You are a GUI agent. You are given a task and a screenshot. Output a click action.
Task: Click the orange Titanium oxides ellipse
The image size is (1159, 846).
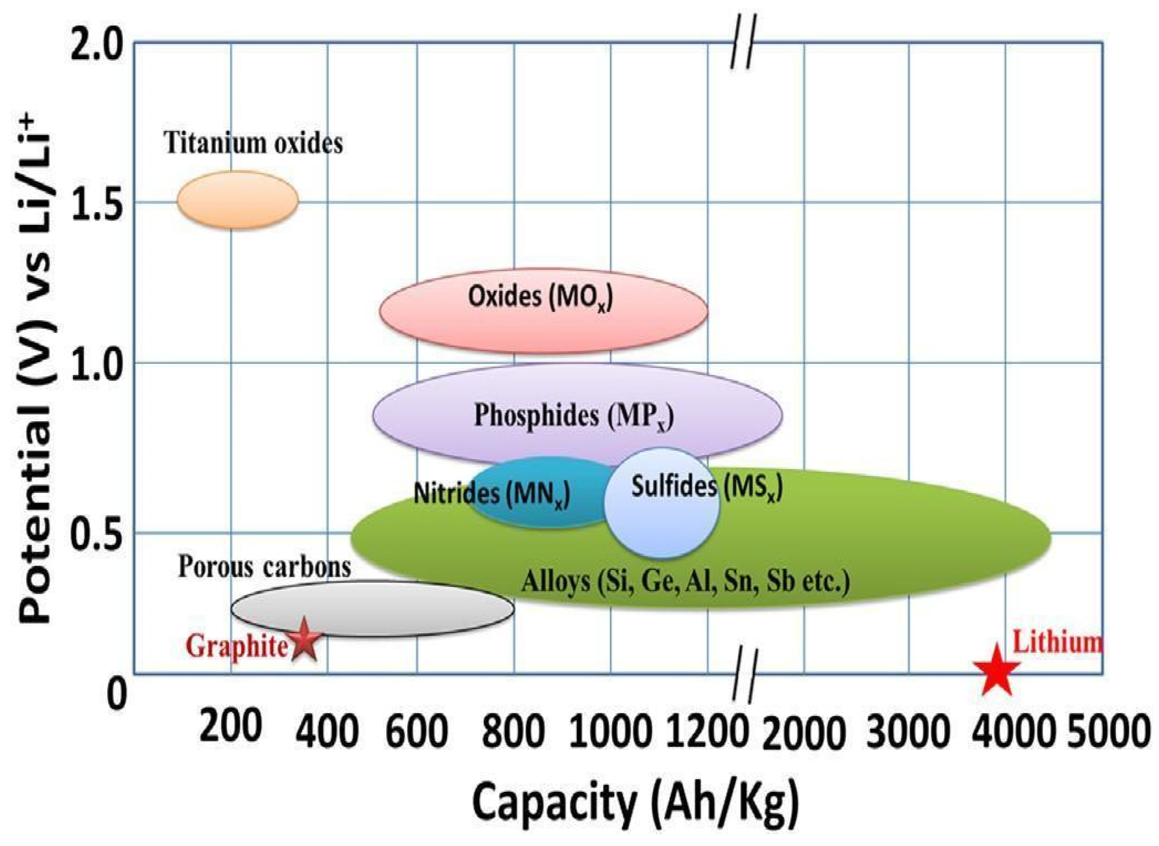[x=238, y=200]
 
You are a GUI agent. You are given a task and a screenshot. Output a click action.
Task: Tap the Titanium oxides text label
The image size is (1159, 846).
[x=253, y=144]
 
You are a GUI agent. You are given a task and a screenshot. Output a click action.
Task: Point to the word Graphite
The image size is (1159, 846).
[x=236, y=646]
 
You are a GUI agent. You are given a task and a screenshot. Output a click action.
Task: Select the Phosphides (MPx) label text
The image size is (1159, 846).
[x=573, y=416]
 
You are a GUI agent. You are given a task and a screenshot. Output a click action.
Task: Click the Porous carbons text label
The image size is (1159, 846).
[x=264, y=567]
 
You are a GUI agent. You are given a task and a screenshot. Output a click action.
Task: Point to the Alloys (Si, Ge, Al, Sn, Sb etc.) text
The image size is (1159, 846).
[x=685, y=582]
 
